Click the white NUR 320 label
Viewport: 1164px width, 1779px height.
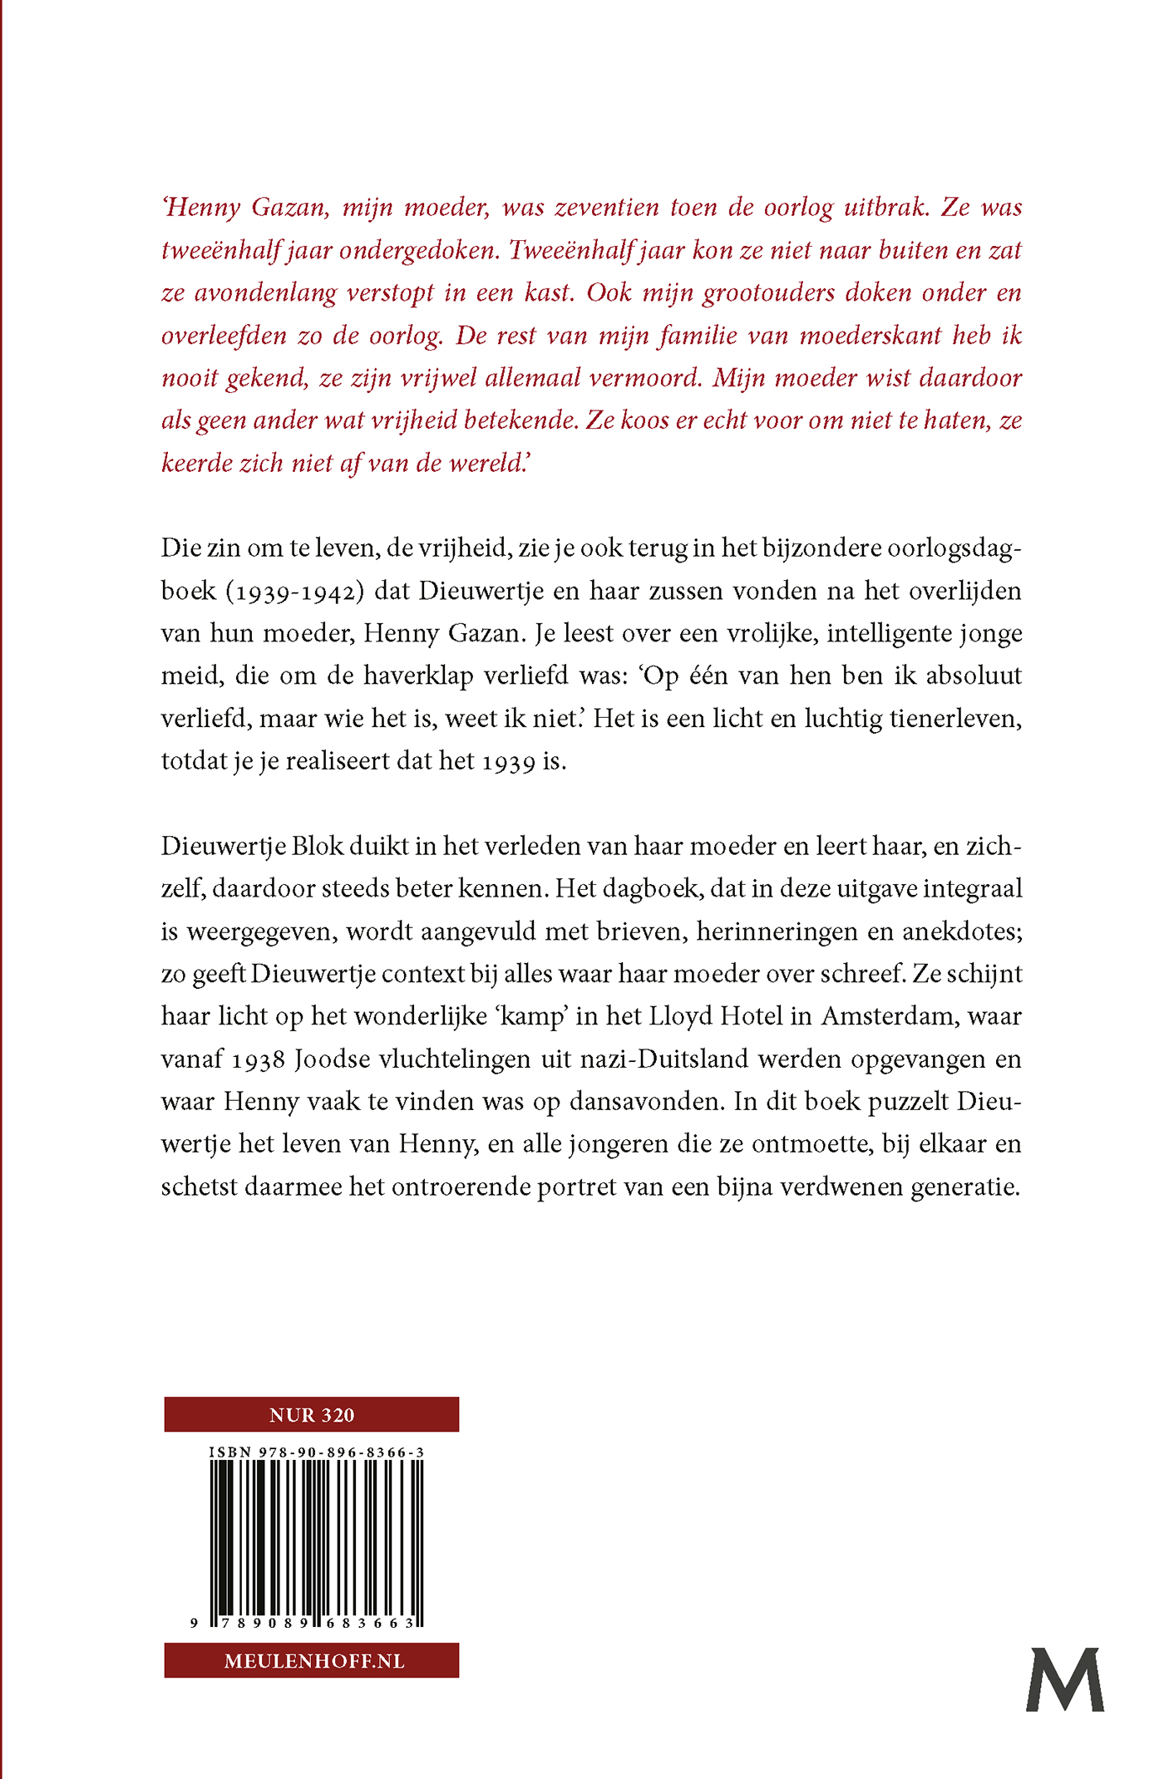pyautogui.click(x=312, y=1415)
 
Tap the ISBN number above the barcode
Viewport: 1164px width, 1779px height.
pyautogui.click(x=316, y=1452)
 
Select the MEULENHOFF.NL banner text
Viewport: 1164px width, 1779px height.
pyautogui.click(x=314, y=1661)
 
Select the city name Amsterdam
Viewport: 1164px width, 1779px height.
pyautogui.click(x=883, y=1017)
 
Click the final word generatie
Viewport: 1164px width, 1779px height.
pyautogui.click(x=965, y=1187)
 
